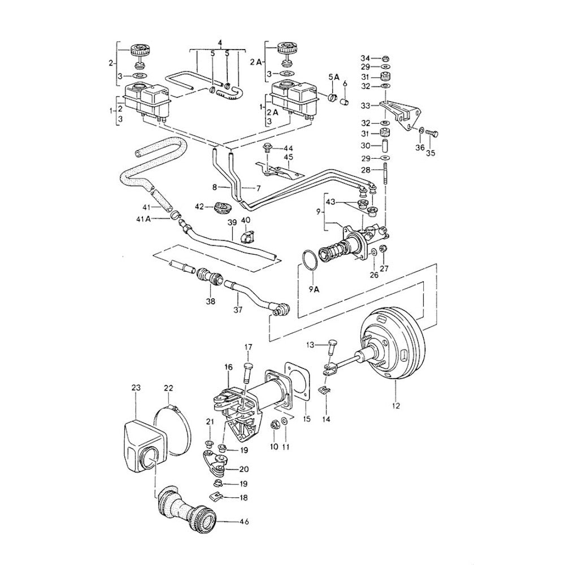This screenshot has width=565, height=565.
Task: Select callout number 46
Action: tap(244, 521)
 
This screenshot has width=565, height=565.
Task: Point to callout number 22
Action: tap(168, 388)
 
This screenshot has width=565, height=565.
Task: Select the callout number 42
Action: tap(199, 207)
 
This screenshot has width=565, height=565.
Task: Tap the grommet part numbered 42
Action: tap(220, 208)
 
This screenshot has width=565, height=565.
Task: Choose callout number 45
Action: tap(288, 158)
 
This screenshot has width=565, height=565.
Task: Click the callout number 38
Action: tap(210, 301)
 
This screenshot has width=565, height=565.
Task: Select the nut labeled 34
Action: tap(385, 58)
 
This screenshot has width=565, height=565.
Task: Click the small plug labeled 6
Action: tap(345, 102)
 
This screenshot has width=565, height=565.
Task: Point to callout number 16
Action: tap(229, 367)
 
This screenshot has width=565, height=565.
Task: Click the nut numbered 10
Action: tap(273, 424)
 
